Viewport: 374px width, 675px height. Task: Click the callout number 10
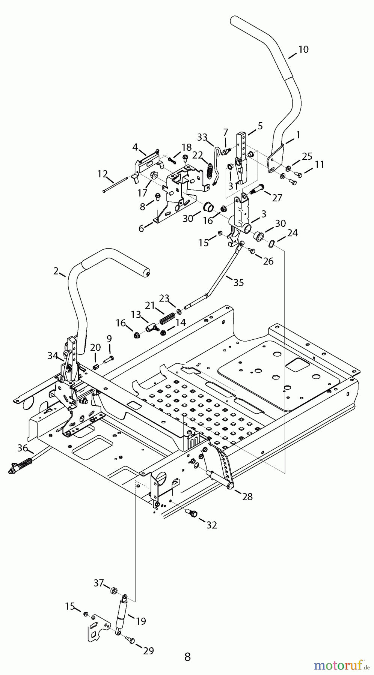click(x=303, y=49)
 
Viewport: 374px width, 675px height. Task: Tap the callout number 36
click(x=23, y=448)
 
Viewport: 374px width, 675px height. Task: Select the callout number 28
click(x=247, y=496)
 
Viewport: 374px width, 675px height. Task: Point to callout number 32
click(x=212, y=525)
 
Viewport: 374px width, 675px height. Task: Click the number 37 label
click(x=99, y=583)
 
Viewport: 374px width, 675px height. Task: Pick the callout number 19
click(x=141, y=621)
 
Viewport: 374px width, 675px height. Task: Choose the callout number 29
click(x=149, y=651)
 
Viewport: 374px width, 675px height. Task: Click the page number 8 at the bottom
click(x=187, y=657)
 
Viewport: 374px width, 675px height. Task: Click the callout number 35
click(x=238, y=282)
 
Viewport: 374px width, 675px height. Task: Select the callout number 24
click(x=293, y=233)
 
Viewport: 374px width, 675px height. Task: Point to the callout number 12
click(x=103, y=174)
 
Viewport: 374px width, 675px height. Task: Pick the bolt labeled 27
click(x=257, y=189)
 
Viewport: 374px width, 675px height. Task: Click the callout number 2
click(x=56, y=271)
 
